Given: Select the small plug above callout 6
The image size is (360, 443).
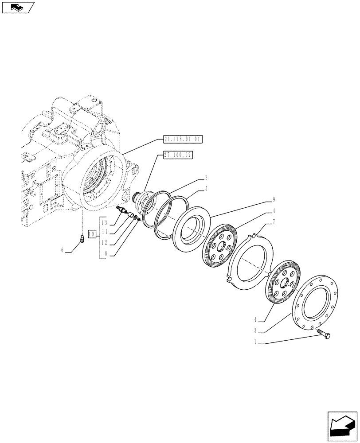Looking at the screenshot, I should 82,240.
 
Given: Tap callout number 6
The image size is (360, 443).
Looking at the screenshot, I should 63,251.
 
